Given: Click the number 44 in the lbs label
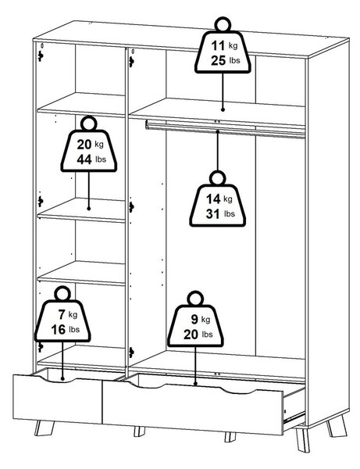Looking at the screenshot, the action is [84, 159].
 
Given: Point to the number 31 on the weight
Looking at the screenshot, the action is [213, 214].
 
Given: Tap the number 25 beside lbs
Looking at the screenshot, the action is [219, 61].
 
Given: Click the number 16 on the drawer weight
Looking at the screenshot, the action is [59, 330].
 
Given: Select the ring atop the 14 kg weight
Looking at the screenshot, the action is [218, 178].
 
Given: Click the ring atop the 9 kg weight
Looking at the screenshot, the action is [195, 299].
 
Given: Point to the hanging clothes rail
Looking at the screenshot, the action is [226, 130].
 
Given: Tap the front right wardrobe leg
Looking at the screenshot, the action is [302, 439].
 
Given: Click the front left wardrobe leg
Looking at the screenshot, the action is [44, 428].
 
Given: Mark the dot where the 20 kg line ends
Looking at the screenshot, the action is [89, 209].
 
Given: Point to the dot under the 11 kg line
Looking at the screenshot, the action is [223, 109].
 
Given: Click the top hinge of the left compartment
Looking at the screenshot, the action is [41, 55].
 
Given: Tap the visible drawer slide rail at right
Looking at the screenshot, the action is [294, 417].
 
